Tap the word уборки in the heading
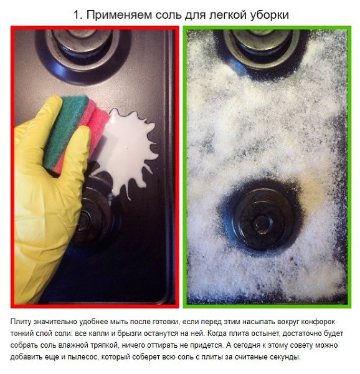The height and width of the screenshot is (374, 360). coord(270,16)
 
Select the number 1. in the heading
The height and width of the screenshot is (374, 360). coord(78,15)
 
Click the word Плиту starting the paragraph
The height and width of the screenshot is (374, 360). coord(21,322)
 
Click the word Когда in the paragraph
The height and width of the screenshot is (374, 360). coord(217,333)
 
